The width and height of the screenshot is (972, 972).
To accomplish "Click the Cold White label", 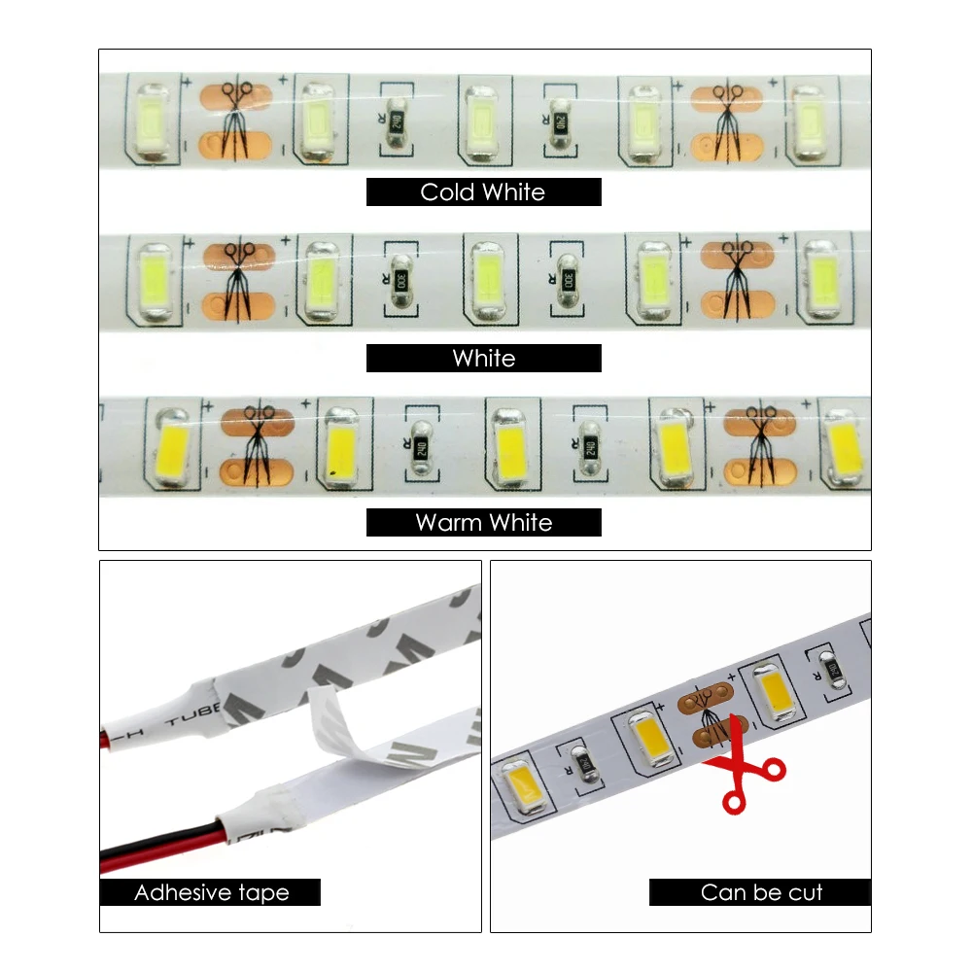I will [x=483, y=191].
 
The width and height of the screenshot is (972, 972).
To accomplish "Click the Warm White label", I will [x=483, y=522].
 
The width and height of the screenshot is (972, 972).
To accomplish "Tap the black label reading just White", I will [x=483, y=358].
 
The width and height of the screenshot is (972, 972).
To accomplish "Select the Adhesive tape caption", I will [x=211, y=892].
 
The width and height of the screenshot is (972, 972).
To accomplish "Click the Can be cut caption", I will [x=760, y=892].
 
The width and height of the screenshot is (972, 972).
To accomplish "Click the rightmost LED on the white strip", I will [x=822, y=277].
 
